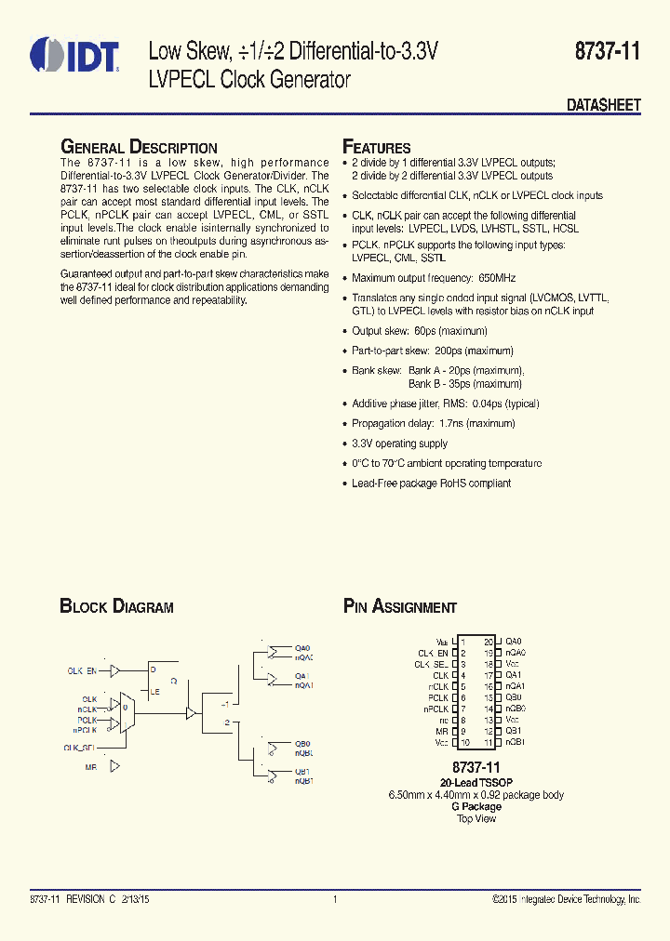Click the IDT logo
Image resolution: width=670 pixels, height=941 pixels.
[74, 55]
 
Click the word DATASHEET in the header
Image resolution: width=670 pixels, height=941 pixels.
[604, 106]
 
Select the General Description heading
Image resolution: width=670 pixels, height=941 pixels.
[139, 147]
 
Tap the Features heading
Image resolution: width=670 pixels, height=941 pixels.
[377, 147]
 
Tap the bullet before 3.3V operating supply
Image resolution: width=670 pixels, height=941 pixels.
[344, 444]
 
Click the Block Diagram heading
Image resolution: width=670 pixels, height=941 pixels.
[116, 607]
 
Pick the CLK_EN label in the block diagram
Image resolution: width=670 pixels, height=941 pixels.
[82, 669]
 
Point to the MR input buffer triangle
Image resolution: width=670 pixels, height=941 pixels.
[114, 767]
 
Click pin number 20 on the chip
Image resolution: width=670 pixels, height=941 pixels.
[488, 642]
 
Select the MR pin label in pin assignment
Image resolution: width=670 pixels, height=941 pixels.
[442, 731]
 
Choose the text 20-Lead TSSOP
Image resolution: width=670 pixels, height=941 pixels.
[476, 783]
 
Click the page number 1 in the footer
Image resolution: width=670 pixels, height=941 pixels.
[334, 899]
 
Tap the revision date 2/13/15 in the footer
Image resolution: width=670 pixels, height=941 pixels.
[138, 899]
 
